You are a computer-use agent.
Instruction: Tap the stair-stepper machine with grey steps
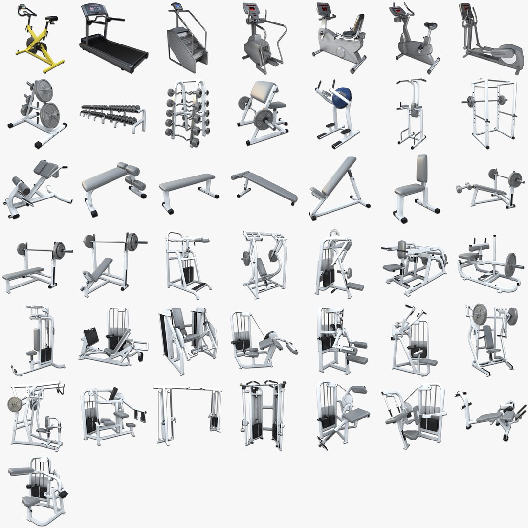186,42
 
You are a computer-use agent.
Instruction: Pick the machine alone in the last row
37,489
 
